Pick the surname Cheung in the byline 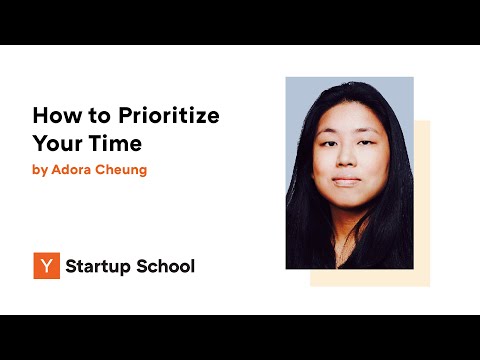[123, 170]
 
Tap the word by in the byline [40, 170]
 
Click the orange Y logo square [45, 266]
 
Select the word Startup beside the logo [100, 266]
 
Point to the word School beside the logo [166, 266]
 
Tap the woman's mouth [346, 182]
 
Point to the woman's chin [346, 200]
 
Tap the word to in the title [99, 116]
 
